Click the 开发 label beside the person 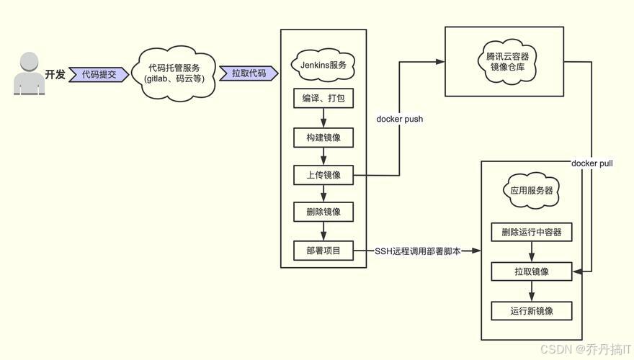pos(55,74)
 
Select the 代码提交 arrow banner pos(99,74)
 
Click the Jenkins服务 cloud pos(323,65)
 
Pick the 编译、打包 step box pos(323,98)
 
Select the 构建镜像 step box pos(323,137)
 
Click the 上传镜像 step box pos(323,175)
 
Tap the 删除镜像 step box pos(323,212)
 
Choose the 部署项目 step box pos(323,251)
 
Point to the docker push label pos(400,119)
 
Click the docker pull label pos(592,163)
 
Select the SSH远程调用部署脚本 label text pos(418,251)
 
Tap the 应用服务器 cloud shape pos(532,191)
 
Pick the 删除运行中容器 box pos(532,233)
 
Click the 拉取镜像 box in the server pos(532,271)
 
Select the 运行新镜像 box pos(532,311)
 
